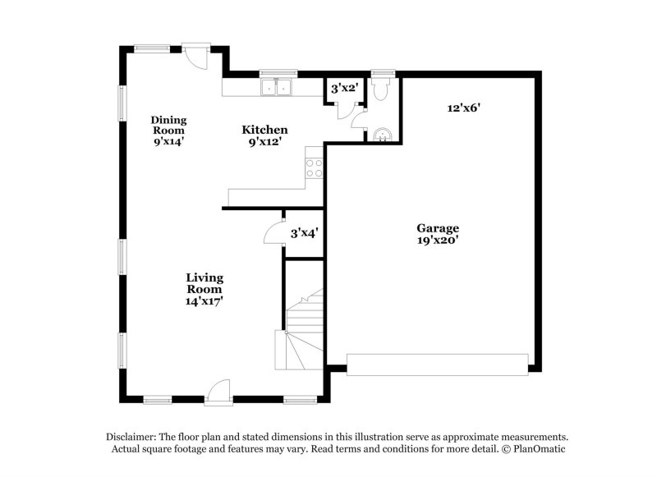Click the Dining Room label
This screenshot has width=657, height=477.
pyautogui.click(x=168, y=130)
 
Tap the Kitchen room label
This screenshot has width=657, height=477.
pyautogui.click(x=264, y=135)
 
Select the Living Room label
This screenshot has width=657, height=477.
pyautogui.click(x=204, y=289)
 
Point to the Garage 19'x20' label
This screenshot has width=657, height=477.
pyautogui.click(x=437, y=234)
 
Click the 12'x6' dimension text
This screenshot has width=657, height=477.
pyautogui.click(x=463, y=108)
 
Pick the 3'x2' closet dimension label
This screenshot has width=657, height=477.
pyautogui.click(x=344, y=88)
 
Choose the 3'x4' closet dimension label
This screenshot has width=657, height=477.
pyautogui.click(x=304, y=233)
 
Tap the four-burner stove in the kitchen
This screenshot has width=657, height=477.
pyautogui.click(x=314, y=167)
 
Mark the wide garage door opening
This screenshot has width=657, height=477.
pyautogui.click(x=437, y=365)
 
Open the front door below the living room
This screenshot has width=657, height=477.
pyautogui.click(x=219, y=392)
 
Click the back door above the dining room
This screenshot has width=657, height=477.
pyautogui.click(x=195, y=56)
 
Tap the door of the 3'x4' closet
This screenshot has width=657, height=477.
pyautogui.click(x=273, y=233)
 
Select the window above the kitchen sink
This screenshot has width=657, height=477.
pyautogui.click(x=278, y=72)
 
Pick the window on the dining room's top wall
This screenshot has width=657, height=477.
pyautogui.click(x=152, y=48)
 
